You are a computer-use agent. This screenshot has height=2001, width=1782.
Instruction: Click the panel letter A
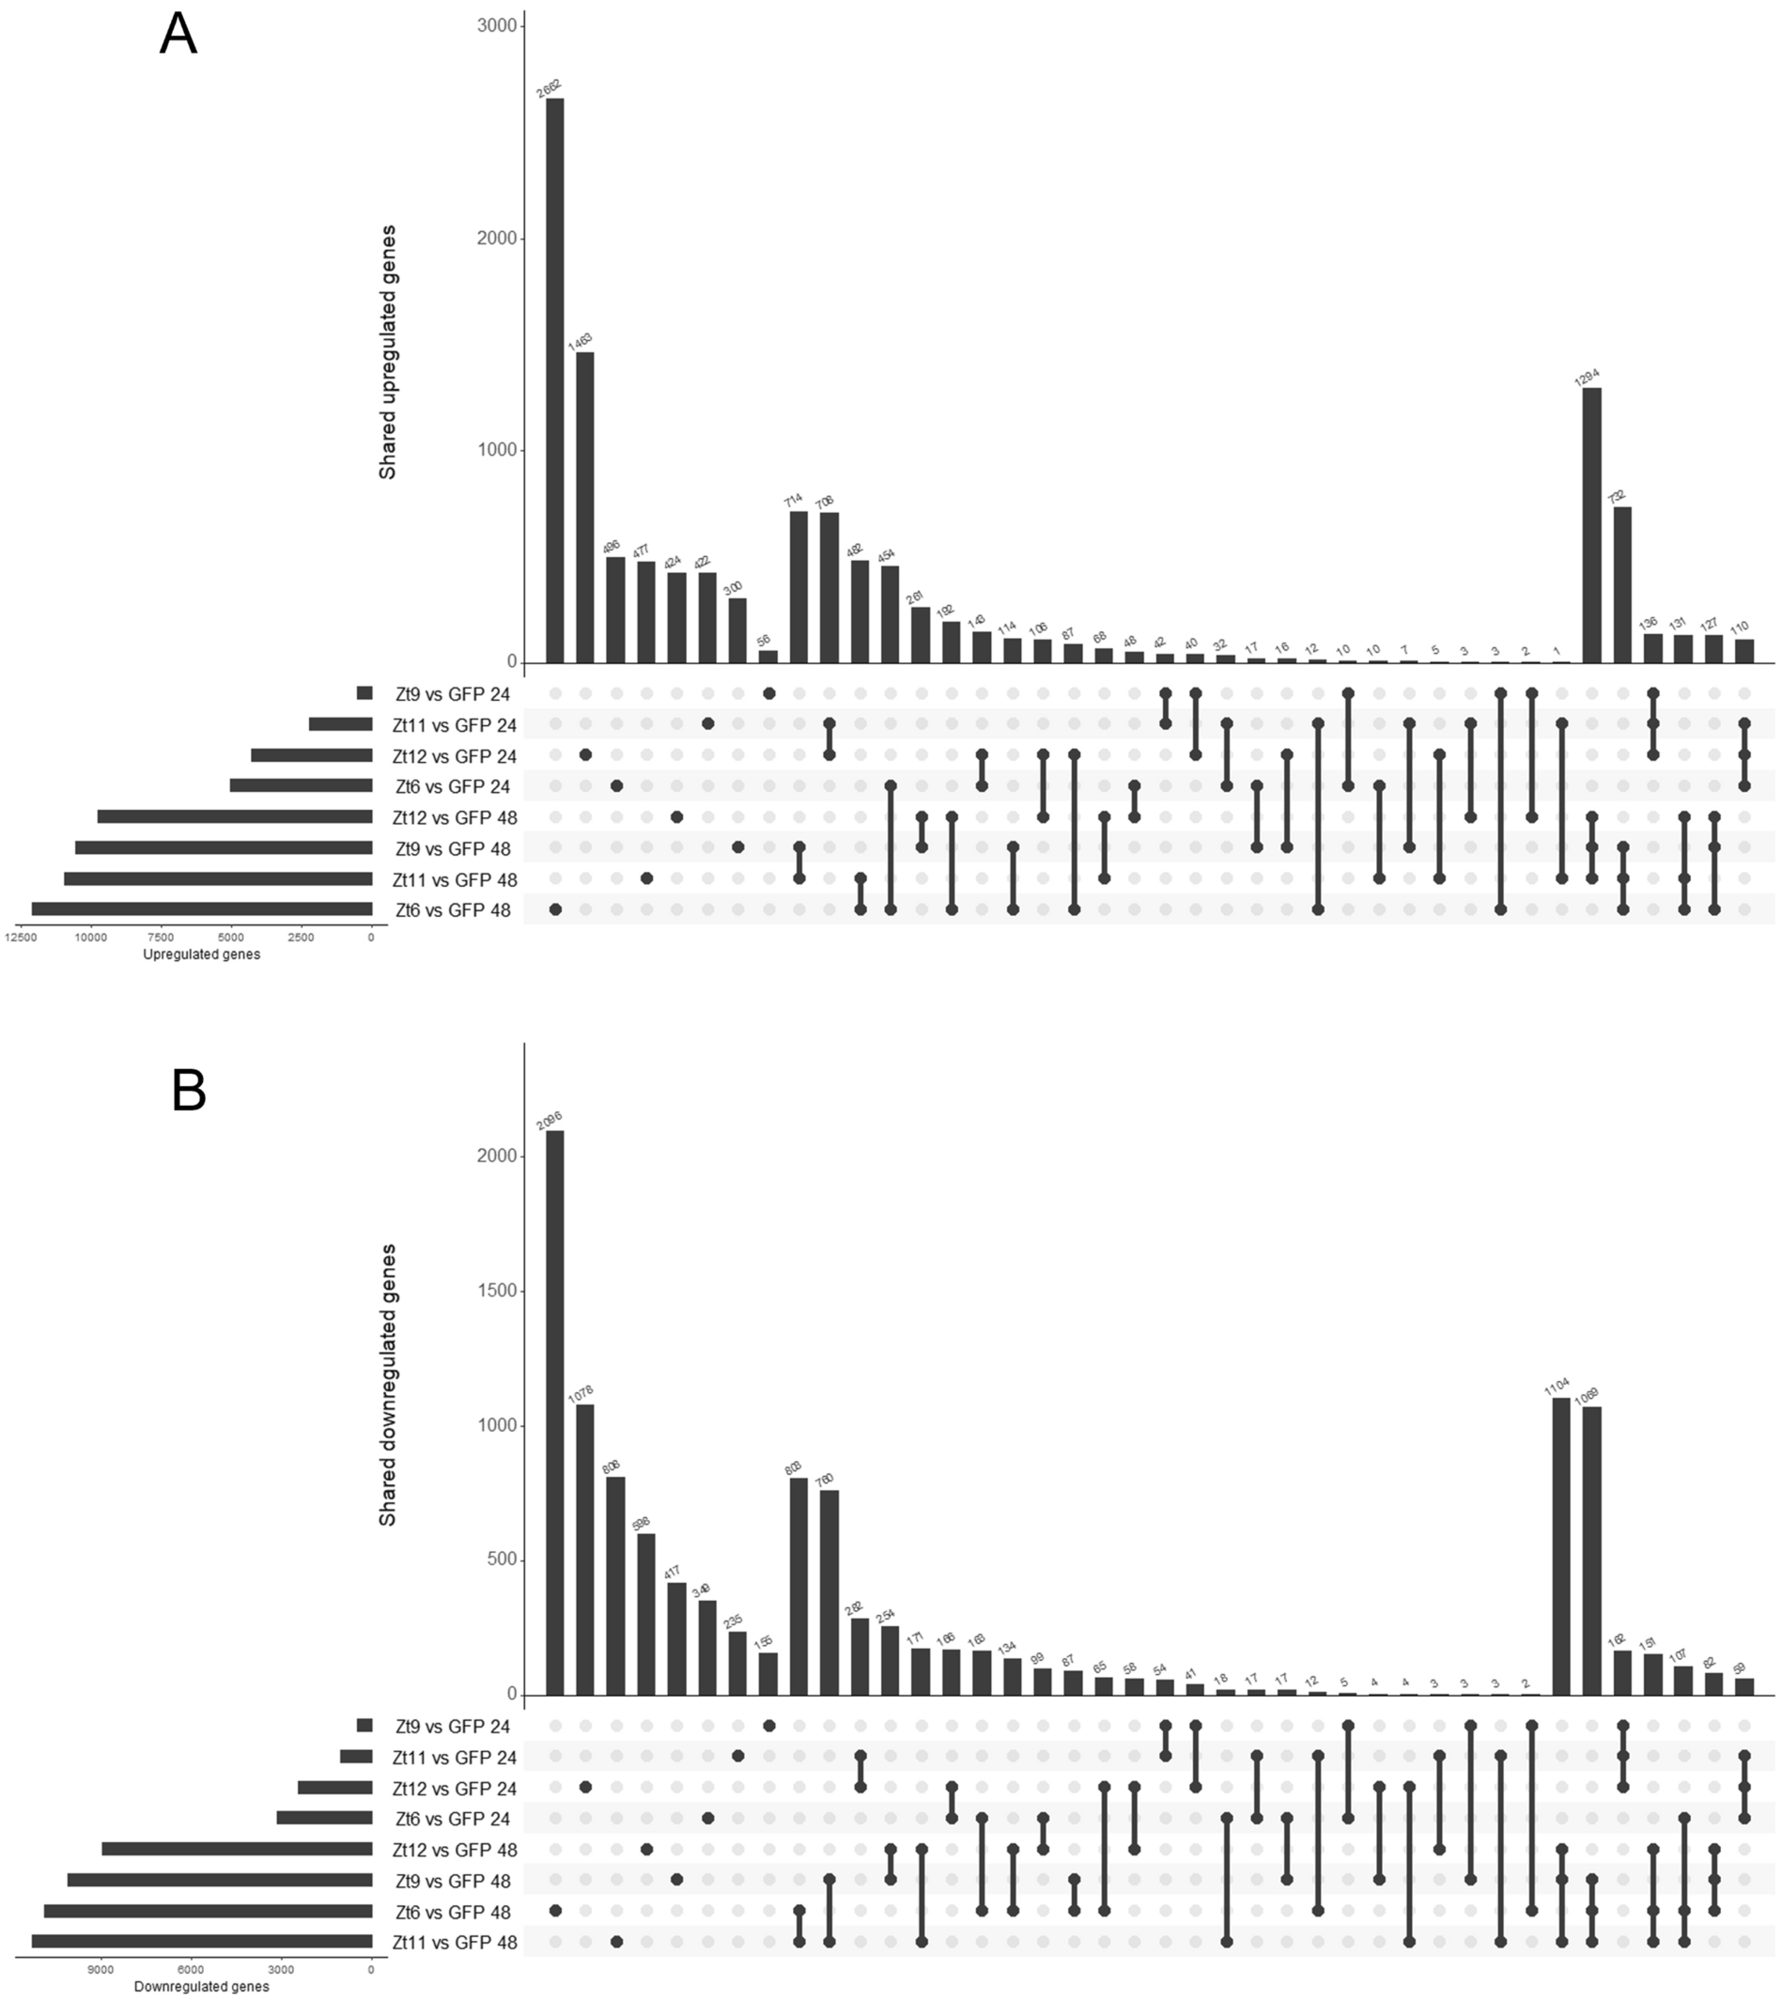(178, 36)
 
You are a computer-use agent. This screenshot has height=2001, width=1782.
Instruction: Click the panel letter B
(188, 1090)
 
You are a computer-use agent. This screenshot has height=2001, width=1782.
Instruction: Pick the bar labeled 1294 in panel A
(1592, 525)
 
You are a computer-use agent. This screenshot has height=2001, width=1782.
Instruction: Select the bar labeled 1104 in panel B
(1561, 1545)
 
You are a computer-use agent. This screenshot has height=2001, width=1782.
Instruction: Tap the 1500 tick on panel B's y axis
(497, 1290)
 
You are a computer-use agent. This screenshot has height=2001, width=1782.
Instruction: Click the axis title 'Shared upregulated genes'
(388, 352)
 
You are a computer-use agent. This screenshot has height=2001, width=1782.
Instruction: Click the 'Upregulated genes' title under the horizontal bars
(202, 954)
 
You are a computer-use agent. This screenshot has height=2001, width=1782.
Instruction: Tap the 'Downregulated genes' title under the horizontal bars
(202, 1986)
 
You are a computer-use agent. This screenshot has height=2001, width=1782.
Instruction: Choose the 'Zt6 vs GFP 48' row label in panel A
(453, 910)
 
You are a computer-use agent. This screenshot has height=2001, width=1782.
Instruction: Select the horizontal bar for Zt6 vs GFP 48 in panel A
(202, 909)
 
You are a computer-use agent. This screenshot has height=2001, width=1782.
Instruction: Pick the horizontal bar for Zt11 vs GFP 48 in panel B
(202, 1941)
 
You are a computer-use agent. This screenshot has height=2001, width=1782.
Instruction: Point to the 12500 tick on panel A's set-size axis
(19, 937)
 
